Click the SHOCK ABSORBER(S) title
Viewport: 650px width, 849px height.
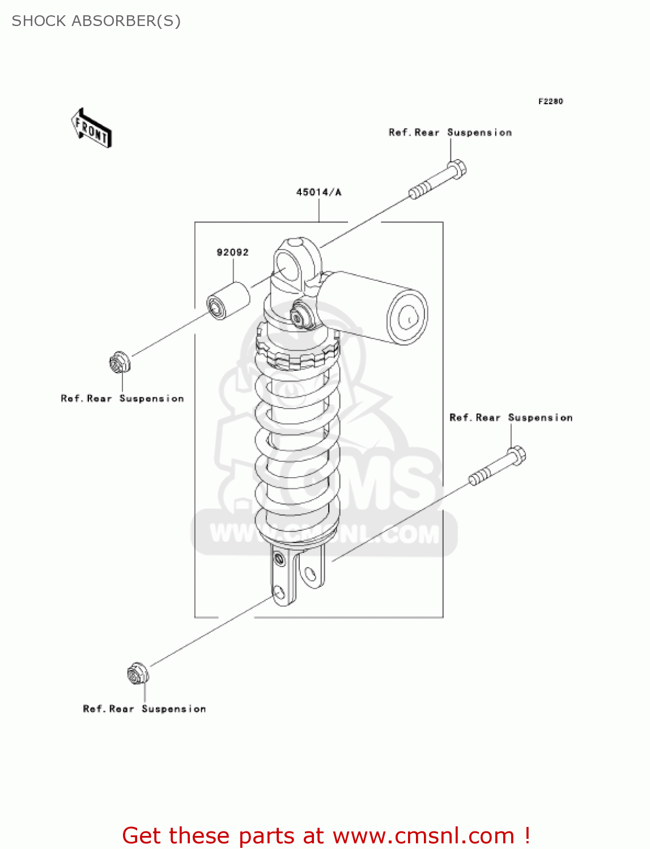pos(96,21)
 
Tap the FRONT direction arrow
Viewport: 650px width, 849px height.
pos(91,128)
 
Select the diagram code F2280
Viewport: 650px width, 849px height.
pos(550,101)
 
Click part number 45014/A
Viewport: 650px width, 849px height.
pos(318,192)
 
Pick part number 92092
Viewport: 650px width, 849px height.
pos(232,252)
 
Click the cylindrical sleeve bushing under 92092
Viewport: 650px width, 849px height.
pos(228,301)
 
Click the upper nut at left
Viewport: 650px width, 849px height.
pos(119,363)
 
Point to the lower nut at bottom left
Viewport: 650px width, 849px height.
pos(137,674)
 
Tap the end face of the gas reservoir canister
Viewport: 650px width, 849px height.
pos(407,317)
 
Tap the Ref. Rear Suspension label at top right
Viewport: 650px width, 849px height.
pos(450,132)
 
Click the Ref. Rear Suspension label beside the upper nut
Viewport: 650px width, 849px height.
pos(122,398)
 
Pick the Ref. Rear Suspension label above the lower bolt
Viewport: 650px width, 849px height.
pos(511,418)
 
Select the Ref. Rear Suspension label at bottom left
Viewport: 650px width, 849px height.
pos(145,709)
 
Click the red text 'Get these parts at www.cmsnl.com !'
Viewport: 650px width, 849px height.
pos(326,835)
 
